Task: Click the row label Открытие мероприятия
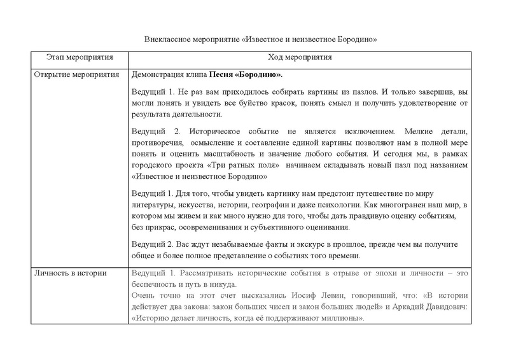pyautogui.click(x=77, y=74)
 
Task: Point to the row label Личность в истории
pyautogui.click(x=70, y=273)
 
